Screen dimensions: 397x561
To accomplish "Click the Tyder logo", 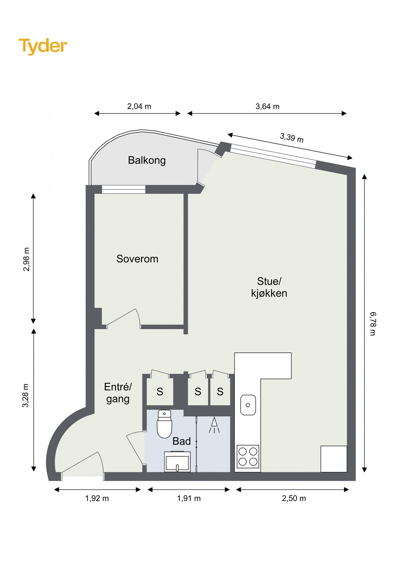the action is (43, 46).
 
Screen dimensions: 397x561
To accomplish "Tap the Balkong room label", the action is (147, 160).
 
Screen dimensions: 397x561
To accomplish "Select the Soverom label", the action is (137, 259).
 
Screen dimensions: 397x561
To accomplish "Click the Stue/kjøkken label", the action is (269, 287).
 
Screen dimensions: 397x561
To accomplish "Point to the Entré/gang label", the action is (118, 393).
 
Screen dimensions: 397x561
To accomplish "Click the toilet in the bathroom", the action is (164, 424).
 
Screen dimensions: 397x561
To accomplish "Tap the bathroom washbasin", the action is (177, 461).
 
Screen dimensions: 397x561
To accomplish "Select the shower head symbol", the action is (214, 425).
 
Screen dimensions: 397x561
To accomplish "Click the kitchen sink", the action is (248, 405).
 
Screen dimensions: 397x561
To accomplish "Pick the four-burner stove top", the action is (248, 457).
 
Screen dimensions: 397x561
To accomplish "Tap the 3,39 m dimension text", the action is (292, 137).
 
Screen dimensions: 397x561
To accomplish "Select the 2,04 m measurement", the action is (139, 106).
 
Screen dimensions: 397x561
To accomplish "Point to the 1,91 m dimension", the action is (189, 498).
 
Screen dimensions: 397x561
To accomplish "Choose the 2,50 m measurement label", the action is (294, 498).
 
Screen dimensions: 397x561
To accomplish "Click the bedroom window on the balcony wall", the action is (124, 189).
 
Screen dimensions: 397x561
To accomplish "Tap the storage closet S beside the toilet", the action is (160, 391).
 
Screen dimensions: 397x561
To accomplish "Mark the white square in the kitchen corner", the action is (334, 459).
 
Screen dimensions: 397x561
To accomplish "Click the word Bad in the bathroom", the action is (182, 441).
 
